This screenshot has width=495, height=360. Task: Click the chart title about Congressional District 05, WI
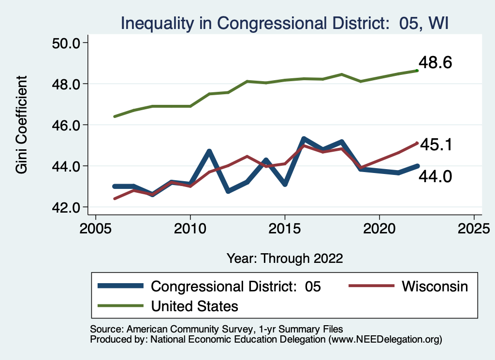285,23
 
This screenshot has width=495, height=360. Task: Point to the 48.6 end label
435,62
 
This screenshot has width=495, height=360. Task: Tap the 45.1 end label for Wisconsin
435,144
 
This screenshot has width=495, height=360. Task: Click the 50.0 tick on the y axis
66,43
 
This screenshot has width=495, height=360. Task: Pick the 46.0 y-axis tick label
66,125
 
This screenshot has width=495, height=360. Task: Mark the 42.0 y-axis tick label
66,207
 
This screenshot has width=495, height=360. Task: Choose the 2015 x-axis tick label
285,227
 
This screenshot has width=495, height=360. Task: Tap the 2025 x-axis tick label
474,227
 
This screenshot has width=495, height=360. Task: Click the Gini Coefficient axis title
22,125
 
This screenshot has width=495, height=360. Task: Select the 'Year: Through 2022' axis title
285,258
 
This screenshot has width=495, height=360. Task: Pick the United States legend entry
195,306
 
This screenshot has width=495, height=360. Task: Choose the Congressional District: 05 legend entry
236,286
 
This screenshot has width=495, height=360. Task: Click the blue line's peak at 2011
209,152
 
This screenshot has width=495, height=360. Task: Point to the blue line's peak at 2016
304,140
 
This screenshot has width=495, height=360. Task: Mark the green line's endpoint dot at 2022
417,71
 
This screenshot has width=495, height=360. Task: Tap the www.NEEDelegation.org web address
385,340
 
